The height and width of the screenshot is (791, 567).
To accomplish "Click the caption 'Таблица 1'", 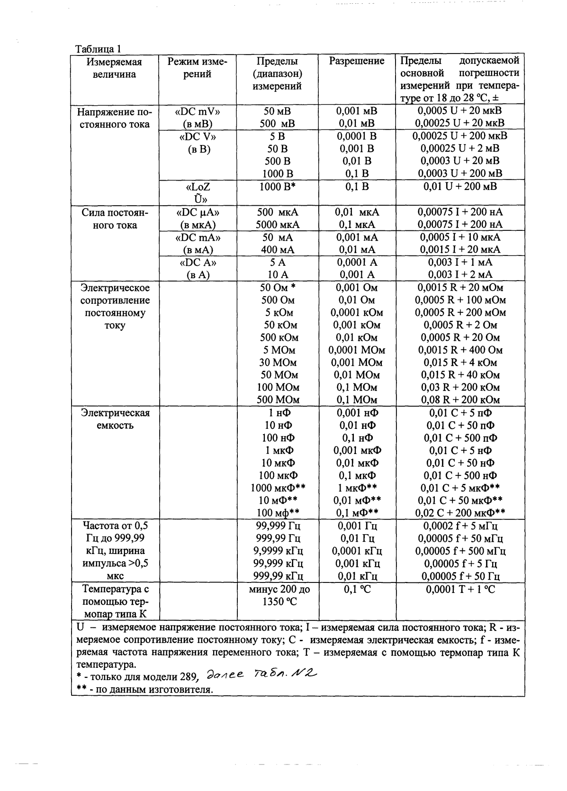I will [99, 48].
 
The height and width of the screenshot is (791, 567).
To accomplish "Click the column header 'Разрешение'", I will [356, 61].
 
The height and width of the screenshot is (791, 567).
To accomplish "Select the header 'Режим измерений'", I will [197, 68].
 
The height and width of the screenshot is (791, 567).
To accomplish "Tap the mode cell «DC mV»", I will [198, 111].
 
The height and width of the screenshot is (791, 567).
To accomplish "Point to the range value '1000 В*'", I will [277, 186].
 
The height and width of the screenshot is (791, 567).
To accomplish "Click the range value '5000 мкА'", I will [277, 225].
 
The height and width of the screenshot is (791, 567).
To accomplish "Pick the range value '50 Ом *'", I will [278, 287].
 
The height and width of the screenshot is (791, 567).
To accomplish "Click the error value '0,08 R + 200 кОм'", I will [460, 400].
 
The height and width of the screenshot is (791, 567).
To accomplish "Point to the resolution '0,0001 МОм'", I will [356, 350].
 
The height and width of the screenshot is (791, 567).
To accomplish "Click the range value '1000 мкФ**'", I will [277, 488].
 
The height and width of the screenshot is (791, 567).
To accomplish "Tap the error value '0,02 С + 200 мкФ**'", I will [460, 512].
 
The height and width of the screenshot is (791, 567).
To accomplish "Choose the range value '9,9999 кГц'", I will [278, 551].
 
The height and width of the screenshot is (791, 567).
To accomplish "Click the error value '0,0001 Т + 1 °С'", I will [460, 589].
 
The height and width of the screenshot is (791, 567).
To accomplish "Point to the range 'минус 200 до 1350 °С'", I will [278, 595].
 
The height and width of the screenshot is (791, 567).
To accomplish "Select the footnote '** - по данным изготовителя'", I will [144, 689].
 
